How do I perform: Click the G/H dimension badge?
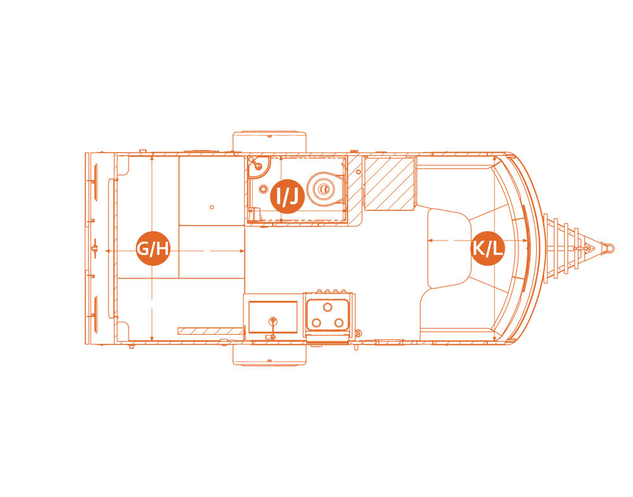(153, 248)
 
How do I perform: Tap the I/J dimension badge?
(287, 197)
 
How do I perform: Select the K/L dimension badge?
(487, 248)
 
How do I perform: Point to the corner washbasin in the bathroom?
(257, 166)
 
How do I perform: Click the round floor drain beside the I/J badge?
(263, 189)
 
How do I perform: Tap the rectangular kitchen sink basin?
(273, 317)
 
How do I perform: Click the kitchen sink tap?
(273, 321)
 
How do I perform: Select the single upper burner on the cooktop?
(328, 307)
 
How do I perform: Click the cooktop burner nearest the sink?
(316, 323)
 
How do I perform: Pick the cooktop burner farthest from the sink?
(339, 323)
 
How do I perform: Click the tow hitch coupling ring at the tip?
(609, 248)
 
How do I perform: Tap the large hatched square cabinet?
(389, 184)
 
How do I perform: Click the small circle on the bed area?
(212, 207)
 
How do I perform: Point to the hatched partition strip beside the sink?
(211, 331)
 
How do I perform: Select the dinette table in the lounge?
(449, 248)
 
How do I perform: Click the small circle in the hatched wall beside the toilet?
(358, 172)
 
